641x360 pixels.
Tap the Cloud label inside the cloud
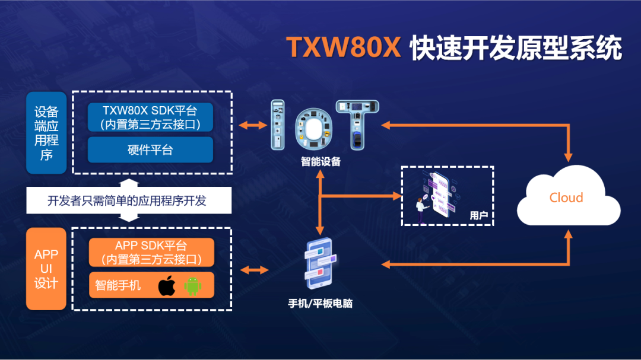[566, 197]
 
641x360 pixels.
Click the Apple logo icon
[167, 286]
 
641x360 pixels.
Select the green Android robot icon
[193, 286]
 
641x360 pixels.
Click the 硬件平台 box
[150, 150]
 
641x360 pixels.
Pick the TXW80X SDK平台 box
[150, 117]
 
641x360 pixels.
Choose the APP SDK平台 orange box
[151, 253]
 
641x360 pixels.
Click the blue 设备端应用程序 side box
[46, 133]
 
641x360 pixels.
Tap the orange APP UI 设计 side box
[46, 269]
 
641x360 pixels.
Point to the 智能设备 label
[320, 161]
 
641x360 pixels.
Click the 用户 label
[478, 215]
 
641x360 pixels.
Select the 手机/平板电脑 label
[320, 304]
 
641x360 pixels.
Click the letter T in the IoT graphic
[357, 125]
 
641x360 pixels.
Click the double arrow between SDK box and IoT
[252, 125]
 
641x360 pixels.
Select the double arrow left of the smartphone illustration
[255, 270]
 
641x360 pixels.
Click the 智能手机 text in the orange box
[118, 285]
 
